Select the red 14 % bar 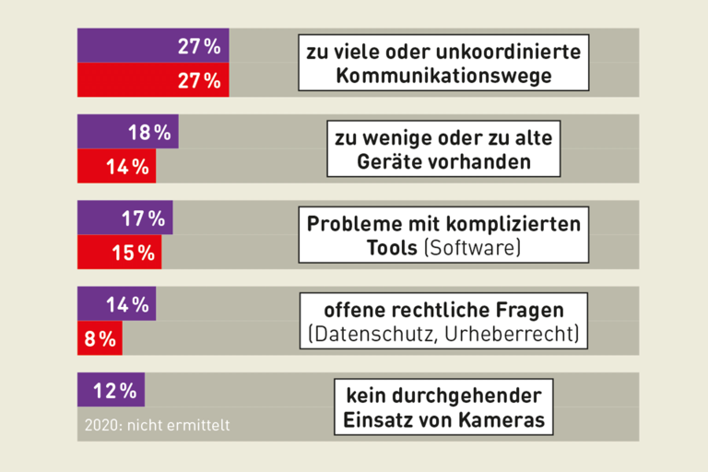click(x=116, y=167)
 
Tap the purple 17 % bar click(x=124, y=218)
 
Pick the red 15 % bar click(x=119, y=253)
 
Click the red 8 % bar click(x=100, y=338)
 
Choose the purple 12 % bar click(x=111, y=390)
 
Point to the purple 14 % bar click(x=116, y=304)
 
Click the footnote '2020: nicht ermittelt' click(x=157, y=425)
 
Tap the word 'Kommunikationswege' click(x=443, y=76)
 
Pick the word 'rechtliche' click(x=442, y=308)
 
